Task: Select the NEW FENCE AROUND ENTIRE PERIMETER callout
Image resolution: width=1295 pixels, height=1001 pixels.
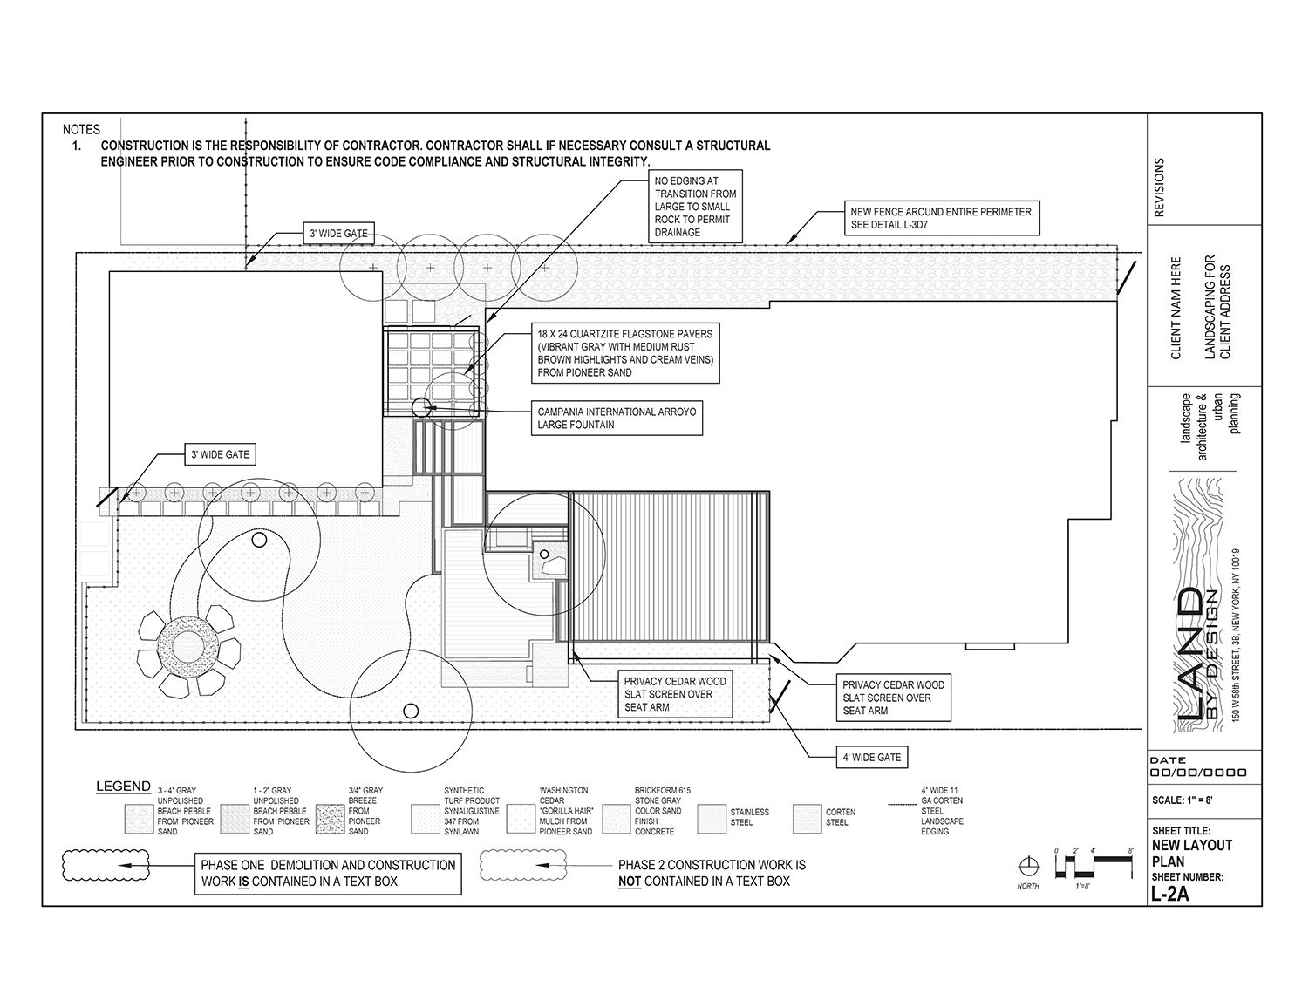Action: coord(942,218)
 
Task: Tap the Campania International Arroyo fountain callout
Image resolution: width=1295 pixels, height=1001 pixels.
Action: coord(617,418)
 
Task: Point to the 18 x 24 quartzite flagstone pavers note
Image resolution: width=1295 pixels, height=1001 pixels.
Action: coord(624,353)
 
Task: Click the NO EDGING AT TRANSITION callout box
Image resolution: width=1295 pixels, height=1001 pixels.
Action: coord(695,206)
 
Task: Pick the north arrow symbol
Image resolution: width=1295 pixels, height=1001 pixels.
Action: coord(1030,866)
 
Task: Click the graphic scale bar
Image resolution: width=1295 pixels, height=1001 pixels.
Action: coord(1094,865)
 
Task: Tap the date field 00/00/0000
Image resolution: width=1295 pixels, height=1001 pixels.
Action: coord(1198,773)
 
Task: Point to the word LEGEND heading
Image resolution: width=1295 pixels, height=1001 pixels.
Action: coord(123,786)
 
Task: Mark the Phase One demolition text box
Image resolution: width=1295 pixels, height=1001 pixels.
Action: coord(328,873)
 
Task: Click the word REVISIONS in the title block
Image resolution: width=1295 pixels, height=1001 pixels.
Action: coord(1159,187)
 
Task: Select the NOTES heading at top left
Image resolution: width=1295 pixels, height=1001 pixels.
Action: coord(81,130)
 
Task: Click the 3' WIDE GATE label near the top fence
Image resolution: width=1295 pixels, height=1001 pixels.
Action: coord(338,234)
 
